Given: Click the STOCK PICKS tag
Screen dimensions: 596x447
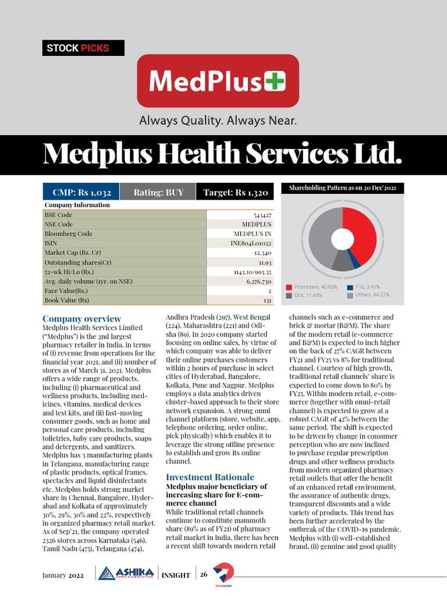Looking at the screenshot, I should (83, 48).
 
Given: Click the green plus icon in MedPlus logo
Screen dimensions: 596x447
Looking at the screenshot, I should (275, 81).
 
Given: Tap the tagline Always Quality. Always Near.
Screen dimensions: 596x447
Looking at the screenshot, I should (218, 122).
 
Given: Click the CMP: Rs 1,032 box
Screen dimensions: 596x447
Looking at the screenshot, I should (81, 192).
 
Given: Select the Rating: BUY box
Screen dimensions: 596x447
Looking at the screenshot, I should (158, 192).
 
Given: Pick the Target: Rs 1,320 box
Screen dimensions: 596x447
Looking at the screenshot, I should (235, 192).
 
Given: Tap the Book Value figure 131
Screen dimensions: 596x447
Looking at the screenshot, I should (267, 300).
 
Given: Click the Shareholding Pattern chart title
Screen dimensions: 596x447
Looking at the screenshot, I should (342, 188).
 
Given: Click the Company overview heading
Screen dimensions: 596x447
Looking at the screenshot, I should (82, 319).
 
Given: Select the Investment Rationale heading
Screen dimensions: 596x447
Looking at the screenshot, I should (210, 477).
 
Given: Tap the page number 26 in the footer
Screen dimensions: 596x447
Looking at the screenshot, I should (204, 574).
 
